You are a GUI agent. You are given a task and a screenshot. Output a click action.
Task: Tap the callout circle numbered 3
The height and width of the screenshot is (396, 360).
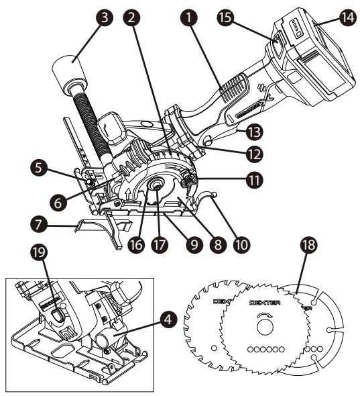tap(104, 19)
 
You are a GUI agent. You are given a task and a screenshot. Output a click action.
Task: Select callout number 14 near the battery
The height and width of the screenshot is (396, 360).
tap(347, 20)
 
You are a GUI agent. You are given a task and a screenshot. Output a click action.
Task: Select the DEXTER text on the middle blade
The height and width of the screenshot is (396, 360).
tap(263, 303)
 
